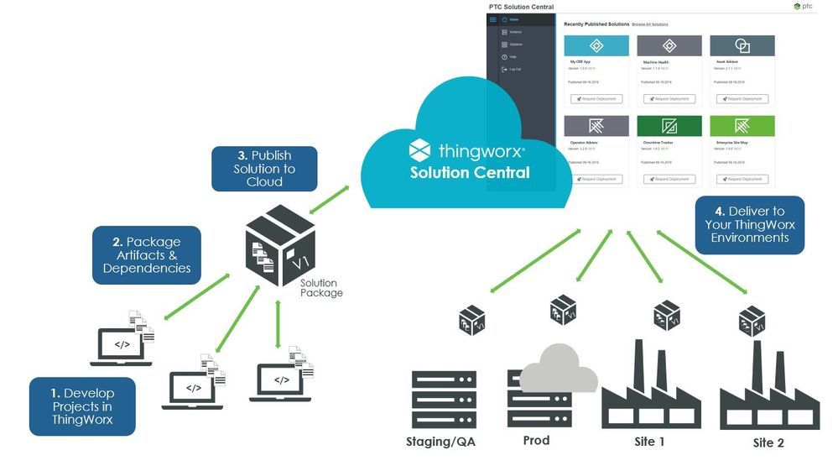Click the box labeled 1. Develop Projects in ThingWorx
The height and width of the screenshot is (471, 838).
82,406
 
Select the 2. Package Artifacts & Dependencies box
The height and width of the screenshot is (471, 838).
147,255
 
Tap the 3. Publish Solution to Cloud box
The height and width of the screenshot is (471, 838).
264,168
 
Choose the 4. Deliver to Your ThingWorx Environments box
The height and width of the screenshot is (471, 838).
749,225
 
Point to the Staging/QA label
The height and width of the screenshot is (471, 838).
441,442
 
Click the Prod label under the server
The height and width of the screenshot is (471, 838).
536,440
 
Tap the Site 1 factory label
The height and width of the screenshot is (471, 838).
649,442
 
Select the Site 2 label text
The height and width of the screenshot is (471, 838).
768,442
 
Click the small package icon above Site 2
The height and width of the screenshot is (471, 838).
751,321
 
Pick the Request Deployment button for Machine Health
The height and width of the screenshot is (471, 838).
669,99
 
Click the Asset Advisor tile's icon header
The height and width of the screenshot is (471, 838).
742,46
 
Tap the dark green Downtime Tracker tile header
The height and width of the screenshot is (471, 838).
669,126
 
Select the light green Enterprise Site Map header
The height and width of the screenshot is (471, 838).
742,126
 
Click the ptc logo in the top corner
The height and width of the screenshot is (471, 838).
802,7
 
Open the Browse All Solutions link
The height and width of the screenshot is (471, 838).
650,24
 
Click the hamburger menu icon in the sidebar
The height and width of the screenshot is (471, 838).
492,19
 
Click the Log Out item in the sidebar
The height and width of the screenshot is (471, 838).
514,69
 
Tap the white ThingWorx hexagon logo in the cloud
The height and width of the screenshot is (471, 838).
419,150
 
